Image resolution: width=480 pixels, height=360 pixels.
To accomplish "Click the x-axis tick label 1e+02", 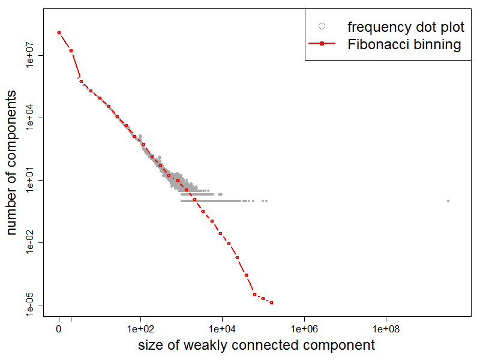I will point(140,329).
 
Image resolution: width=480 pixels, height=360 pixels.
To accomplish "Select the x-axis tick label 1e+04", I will point(222,329).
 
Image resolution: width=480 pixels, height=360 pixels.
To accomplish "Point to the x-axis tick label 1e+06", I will point(304,329).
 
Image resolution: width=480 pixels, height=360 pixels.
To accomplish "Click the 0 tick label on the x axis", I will point(59,329).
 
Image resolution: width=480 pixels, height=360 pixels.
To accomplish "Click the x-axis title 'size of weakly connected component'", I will point(256,345).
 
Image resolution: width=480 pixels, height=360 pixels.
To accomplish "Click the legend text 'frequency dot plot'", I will point(406,27).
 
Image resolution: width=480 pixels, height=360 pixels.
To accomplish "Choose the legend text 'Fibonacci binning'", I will point(404,44).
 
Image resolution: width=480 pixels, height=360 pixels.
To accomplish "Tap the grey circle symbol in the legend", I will point(322,26).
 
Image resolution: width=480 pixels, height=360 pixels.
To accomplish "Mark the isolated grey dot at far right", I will point(448,200).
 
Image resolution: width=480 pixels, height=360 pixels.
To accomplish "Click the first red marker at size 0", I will point(59,32).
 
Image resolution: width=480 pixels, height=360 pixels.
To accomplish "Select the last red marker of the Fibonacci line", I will point(272,302).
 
